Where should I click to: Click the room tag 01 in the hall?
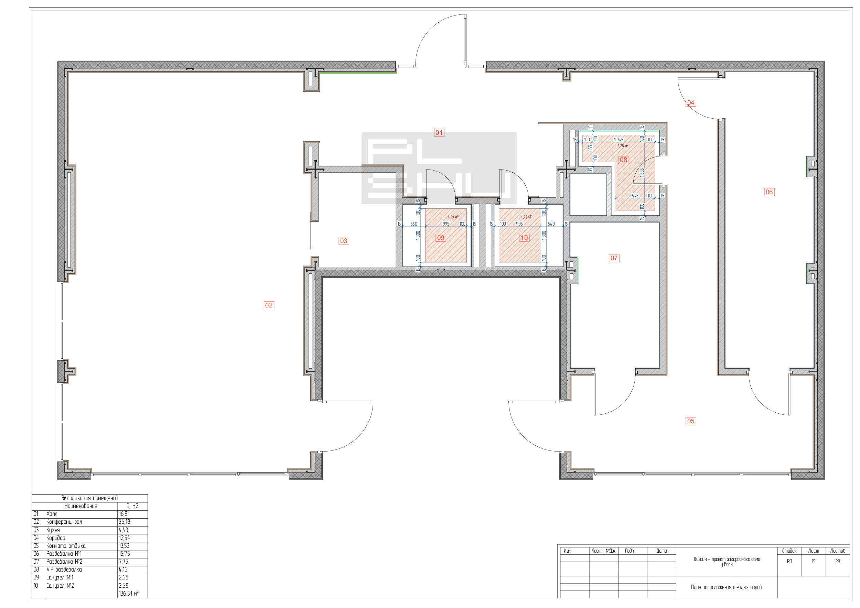click(439, 132)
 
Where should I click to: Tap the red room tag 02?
click(269, 305)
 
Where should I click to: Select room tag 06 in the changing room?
click(769, 192)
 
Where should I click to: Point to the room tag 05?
click(691, 421)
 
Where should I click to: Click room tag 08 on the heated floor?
click(623, 160)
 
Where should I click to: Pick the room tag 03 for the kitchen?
click(343, 241)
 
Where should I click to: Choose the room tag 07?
click(614, 258)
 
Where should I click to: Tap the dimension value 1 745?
click(619, 140)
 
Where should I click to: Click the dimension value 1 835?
click(642, 173)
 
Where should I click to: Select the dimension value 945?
click(635, 196)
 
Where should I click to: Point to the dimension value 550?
click(413, 224)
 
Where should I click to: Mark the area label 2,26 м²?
click(623, 146)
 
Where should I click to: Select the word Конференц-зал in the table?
click(64, 522)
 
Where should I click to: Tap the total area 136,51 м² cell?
click(128, 594)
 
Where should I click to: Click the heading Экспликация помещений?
click(90, 498)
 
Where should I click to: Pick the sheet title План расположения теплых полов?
click(726, 587)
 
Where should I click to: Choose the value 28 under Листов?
click(838, 562)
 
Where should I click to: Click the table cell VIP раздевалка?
click(64, 569)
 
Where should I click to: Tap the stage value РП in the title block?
click(789, 562)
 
